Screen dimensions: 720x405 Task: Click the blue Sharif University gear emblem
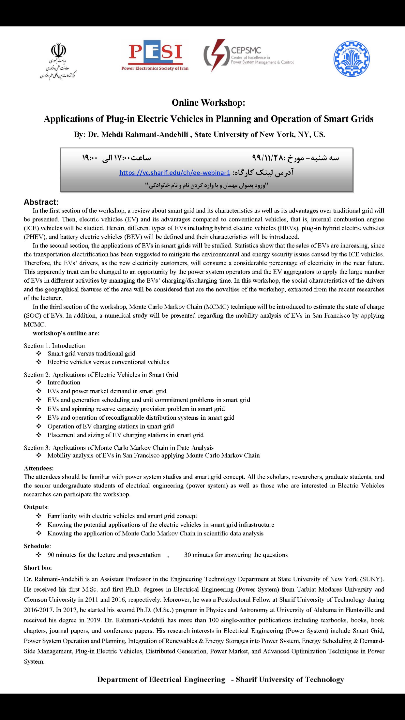pyautogui.click(x=352, y=59)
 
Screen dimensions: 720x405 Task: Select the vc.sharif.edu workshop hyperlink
pyautogui.click(x=175, y=172)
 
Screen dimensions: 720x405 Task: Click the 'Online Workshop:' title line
pyautogui.click(x=208, y=103)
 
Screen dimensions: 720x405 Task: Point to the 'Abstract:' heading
pyautogui.click(x=41, y=202)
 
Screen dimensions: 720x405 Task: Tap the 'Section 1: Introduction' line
pyautogui.click(x=54, y=346)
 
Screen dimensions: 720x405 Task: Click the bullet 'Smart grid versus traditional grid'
pyautogui.click(x=91, y=353)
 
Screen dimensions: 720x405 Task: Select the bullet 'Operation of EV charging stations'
pyautogui.click(x=111, y=426)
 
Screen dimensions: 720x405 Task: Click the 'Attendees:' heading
pyautogui.click(x=38, y=468)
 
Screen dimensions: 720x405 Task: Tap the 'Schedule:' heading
pyautogui.click(x=37, y=546)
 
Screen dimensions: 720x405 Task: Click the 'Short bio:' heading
pyautogui.click(x=37, y=568)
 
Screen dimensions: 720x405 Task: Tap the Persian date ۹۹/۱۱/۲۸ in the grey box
pyautogui.click(x=267, y=158)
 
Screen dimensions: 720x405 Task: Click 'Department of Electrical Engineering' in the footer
pyautogui.click(x=161, y=680)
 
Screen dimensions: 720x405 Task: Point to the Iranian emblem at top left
pyautogui.click(x=58, y=51)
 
